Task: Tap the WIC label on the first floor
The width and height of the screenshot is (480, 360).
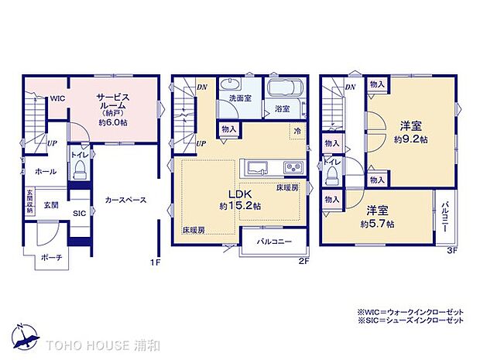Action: tap(58, 99)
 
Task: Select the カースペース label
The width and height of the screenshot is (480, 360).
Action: tap(126, 199)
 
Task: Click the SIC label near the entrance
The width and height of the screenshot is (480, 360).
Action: tap(80, 213)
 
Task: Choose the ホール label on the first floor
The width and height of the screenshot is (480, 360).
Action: tap(24, 172)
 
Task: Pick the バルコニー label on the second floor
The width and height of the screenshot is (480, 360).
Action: tap(275, 242)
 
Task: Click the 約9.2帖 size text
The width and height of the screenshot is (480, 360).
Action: tap(410, 139)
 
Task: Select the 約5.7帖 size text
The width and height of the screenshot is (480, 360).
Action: tap(377, 224)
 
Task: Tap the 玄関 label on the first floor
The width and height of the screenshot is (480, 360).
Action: tap(51, 204)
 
